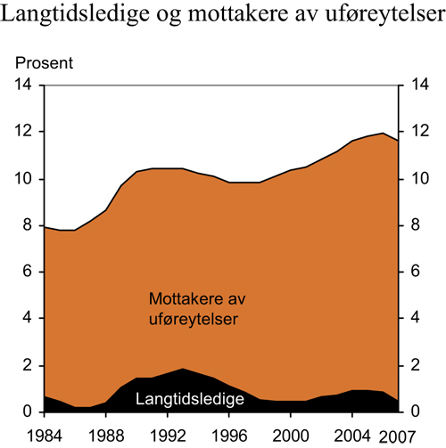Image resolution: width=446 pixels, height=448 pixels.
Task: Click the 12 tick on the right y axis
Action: (x=413, y=133)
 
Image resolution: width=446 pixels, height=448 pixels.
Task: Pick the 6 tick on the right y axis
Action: (x=409, y=273)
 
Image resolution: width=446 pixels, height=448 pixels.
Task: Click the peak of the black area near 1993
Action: (x=183, y=369)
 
